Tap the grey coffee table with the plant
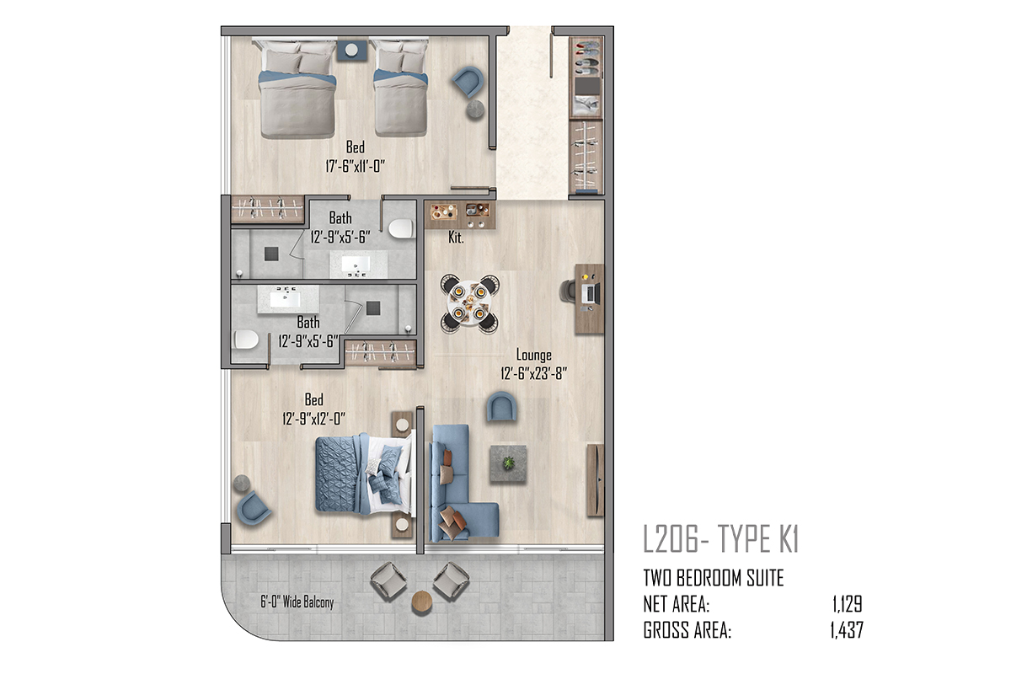pyautogui.click(x=508, y=463)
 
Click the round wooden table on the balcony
pyautogui.click(x=422, y=601)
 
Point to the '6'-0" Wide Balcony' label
pyautogui.click(x=297, y=602)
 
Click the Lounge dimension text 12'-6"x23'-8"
pyautogui.click(x=533, y=373)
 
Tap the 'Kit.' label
pyautogui.click(x=456, y=238)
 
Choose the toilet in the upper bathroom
pyautogui.click(x=401, y=229)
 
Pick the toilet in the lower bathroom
pyautogui.click(x=246, y=340)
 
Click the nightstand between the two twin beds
pyautogui.click(x=352, y=50)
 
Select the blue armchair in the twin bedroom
pyautogui.click(x=468, y=82)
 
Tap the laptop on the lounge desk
pyautogui.click(x=591, y=294)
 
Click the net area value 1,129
pyautogui.click(x=848, y=604)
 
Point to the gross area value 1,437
pyautogui.click(x=847, y=630)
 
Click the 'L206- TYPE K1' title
pyautogui.click(x=721, y=539)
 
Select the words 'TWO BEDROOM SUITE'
pyautogui.click(x=713, y=578)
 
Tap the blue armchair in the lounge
pyautogui.click(x=501, y=407)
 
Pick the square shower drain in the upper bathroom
pyautogui.click(x=271, y=254)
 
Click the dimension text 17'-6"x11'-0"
pyautogui.click(x=356, y=167)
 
